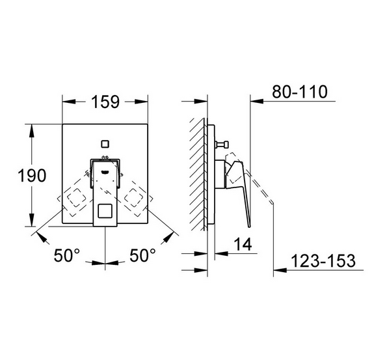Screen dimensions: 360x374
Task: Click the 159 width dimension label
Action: pos(105,102)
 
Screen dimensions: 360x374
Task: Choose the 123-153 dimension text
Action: pos(324,261)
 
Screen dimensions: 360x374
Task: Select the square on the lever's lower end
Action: pos(105,211)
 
